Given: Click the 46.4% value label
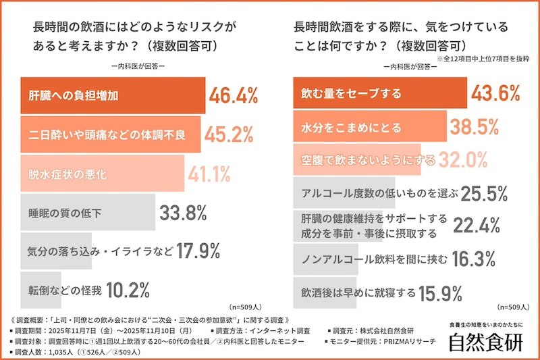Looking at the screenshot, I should (x=234, y=95).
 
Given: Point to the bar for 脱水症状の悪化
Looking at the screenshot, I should (x=102, y=174).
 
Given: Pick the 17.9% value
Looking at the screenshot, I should (x=198, y=252).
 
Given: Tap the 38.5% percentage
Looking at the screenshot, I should (x=473, y=126).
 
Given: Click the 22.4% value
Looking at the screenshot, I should (x=475, y=226).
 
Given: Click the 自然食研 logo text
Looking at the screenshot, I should (x=487, y=342).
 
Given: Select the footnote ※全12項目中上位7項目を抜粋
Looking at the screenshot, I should (x=483, y=59).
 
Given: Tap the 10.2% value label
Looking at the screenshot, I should (x=128, y=291).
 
